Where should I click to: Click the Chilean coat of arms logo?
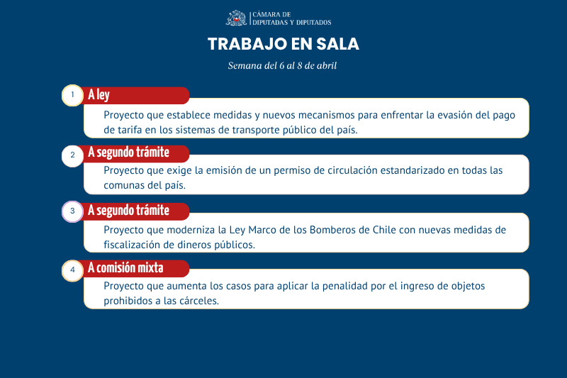(237, 18)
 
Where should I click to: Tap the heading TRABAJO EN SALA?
(283, 44)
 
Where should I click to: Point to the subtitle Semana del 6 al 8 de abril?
(283, 66)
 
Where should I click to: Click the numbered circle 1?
(72, 96)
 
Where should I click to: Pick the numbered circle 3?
(72, 211)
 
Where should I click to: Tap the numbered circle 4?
(72, 270)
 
